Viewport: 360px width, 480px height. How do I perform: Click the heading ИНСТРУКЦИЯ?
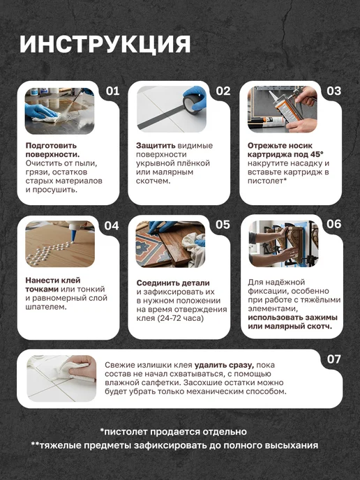point(105,45)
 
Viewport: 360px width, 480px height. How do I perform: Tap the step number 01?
point(112,91)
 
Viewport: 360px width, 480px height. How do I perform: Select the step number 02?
point(223,91)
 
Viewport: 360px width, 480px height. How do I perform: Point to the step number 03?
point(333,91)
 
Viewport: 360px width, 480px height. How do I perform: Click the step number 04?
point(112,226)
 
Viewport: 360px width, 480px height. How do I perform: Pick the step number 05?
point(223,225)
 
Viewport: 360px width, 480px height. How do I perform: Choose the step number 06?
point(333,224)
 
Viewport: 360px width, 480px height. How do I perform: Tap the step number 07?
point(333,359)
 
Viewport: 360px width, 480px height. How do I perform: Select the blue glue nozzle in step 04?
point(73,235)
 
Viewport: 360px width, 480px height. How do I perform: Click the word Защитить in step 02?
point(156,146)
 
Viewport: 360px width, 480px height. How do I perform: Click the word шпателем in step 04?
point(46,307)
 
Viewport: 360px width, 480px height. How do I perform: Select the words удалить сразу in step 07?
point(225,365)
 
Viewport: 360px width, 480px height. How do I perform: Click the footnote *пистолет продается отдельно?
point(174,432)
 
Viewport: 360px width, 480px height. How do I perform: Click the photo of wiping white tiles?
point(61,378)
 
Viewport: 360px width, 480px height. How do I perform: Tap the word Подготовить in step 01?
point(51,146)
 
